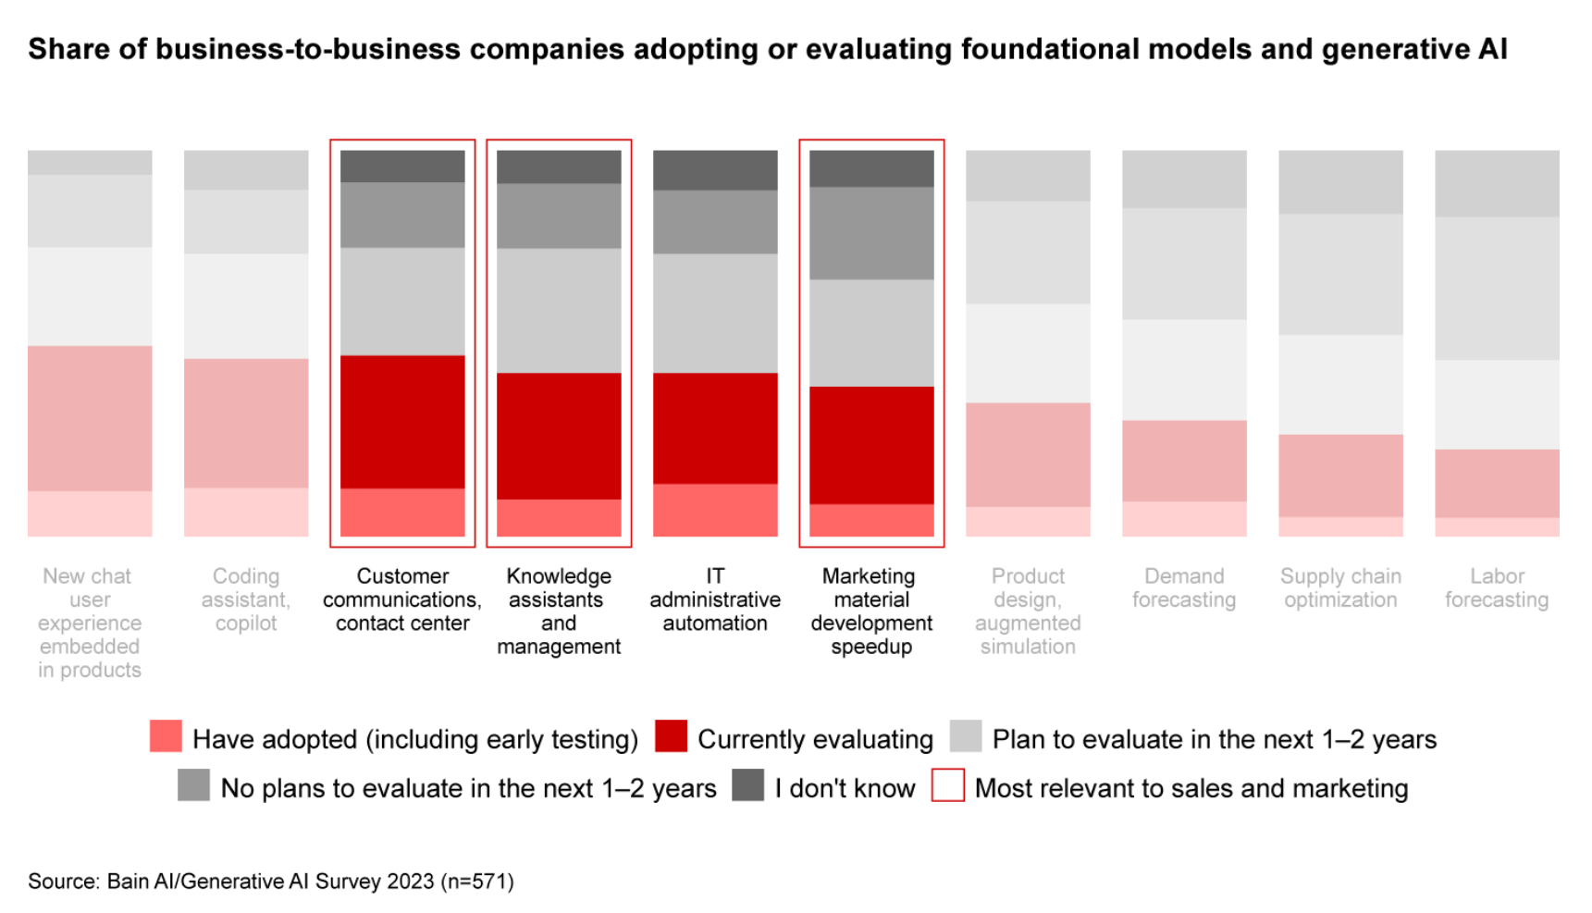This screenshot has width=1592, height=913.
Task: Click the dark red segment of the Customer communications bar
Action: point(402,422)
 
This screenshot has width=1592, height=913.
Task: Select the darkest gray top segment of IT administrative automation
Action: point(715,170)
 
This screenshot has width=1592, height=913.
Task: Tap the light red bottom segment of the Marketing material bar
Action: point(871,520)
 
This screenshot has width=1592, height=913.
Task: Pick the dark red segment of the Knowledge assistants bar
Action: point(559,436)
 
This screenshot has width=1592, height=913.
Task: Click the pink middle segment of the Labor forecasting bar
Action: point(1497,483)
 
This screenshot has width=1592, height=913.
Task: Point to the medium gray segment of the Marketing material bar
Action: point(871,233)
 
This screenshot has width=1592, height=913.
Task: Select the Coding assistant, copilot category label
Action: point(246,599)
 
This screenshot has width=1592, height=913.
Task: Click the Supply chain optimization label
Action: point(1340,587)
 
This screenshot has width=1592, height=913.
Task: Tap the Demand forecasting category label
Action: point(1184,587)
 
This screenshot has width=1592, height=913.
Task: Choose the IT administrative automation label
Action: point(715,599)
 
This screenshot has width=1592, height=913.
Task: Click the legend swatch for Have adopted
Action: point(166,736)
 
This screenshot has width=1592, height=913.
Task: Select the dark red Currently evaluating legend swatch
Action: point(671,736)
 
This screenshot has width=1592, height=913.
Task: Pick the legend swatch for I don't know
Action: point(747,785)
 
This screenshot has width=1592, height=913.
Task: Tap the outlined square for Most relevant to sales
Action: point(947,785)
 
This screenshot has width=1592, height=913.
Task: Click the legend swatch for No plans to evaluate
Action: point(193,785)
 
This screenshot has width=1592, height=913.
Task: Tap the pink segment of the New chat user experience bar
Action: point(90,418)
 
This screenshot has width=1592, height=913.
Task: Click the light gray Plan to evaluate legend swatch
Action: point(966,736)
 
